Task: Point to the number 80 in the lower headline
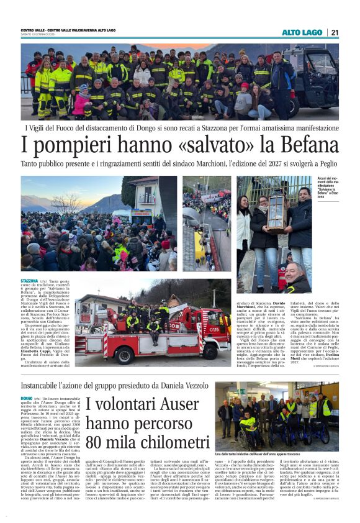coord(97,443)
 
